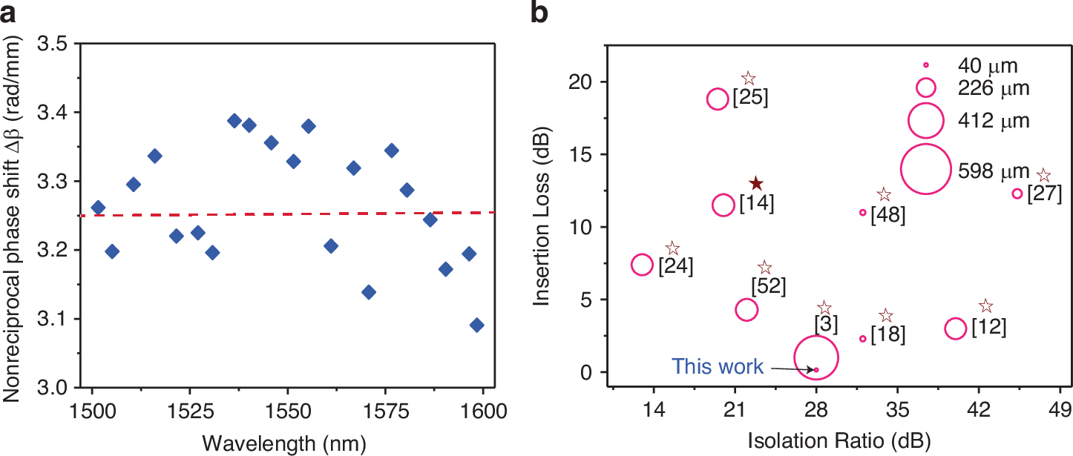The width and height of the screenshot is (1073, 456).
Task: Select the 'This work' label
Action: click(x=717, y=366)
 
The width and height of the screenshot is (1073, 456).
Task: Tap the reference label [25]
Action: click(x=749, y=98)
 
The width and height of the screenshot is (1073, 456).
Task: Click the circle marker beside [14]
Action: click(x=723, y=205)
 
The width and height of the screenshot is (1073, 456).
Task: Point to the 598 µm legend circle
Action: click(x=925, y=168)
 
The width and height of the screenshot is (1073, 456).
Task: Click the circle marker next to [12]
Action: click(x=956, y=328)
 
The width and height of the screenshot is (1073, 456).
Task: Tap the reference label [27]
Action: click(x=1044, y=199)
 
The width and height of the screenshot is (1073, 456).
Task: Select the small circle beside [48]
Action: click(x=862, y=212)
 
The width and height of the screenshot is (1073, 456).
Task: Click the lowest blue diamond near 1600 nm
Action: click(x=476, y=325)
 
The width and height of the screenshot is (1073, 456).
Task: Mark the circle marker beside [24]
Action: click(x=642, y=264)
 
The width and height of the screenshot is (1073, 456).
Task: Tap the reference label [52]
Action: click(x=768, y=285)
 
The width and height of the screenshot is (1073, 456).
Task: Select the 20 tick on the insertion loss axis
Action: click(x=589, y=82)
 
